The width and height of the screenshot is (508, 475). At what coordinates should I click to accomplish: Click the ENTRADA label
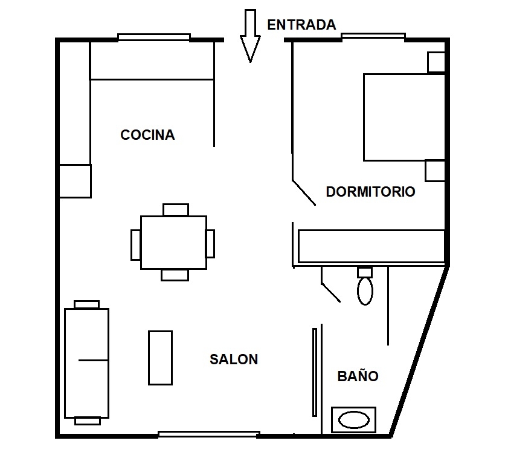(x=301, y=25)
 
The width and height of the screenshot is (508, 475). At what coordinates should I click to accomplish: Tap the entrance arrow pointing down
(x=250, y=36)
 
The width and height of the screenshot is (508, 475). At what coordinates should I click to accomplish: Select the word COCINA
(x=147, y=135)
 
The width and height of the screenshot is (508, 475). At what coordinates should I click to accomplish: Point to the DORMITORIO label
(x=371, y=192)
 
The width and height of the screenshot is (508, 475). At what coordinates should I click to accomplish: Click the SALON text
(x=234, y=359)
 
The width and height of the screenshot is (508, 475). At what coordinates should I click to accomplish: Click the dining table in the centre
(x=173, y=243)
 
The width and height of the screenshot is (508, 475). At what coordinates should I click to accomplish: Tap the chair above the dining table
(x=176, y=209)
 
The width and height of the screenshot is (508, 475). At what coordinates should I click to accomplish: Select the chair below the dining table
(x=175, y=275)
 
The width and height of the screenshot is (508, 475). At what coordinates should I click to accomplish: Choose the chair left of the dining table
(x=136, y=245)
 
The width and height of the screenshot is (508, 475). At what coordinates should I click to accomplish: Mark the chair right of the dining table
(x=210, y=244)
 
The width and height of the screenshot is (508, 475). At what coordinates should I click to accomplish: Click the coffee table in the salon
(x=160, y=358)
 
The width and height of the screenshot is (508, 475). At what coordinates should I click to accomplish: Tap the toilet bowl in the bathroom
(x=365, y=290)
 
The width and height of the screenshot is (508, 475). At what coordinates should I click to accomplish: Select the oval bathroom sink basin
(x=354, y=420)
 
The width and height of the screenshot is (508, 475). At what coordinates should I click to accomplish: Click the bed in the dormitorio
(x=404, y=117)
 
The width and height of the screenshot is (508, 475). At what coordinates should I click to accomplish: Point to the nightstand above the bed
(x=436, y=62)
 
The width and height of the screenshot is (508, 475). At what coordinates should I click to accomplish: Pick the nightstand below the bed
(x=435, y=171)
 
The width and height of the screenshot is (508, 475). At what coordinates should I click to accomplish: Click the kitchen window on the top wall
(x=154, y=38)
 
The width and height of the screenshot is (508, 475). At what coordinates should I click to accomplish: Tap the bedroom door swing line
(x=304, y=193)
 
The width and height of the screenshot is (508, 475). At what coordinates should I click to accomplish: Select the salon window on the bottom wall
(x=209, y=434)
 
